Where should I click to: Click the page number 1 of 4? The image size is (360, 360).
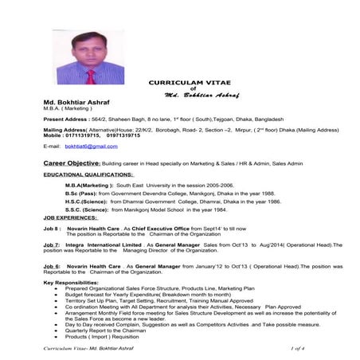tap(304, 348)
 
